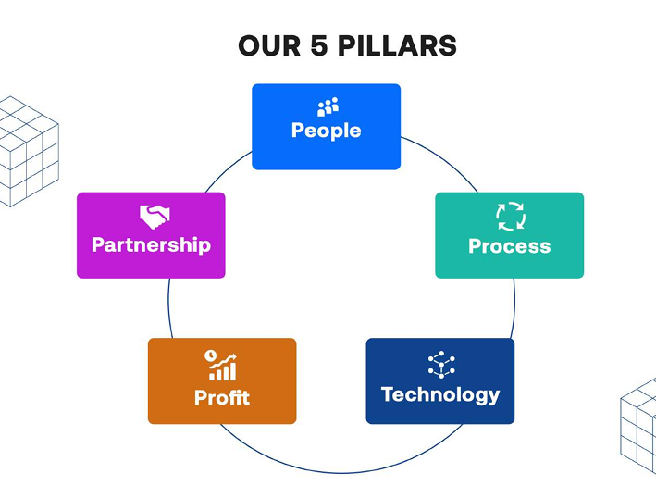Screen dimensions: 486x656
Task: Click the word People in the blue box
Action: [x=326, y=131]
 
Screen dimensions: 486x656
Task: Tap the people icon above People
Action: [x=328, y=106]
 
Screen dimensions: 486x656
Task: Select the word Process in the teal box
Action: [x=509, y=246]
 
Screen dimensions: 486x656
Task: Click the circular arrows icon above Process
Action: [x=510, y=217]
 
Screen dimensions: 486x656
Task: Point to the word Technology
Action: [x=439, y=395]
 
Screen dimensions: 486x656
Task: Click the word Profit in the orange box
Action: [x=221, y=398]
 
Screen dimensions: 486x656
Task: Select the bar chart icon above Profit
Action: [x=221, y=366]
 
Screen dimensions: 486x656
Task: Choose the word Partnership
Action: [x=151, y=245]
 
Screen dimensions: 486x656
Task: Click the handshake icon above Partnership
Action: [x=155, y=217]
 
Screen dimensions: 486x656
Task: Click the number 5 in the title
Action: [x=319, y=45]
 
